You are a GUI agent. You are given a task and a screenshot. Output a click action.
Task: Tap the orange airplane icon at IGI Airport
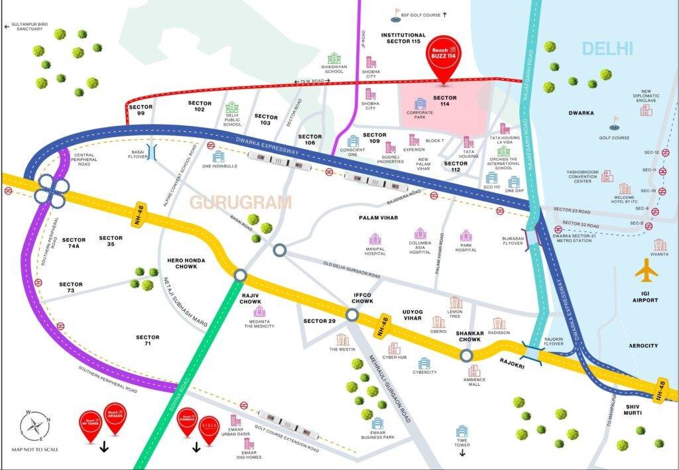click(x=646, y=271)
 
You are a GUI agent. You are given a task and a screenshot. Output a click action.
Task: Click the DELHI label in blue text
click(x=607, y=48)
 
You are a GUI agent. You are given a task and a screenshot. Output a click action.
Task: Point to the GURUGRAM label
click(x=241, y=202)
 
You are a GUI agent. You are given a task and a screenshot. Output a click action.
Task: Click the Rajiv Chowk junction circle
click(x=240, y=275)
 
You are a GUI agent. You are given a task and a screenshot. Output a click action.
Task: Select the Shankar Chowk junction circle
click(x=467, y=355)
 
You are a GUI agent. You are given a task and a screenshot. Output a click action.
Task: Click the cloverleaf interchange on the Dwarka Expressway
click(x=50, y=189)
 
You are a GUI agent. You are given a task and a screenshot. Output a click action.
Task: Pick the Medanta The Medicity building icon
click(x=259, y=311)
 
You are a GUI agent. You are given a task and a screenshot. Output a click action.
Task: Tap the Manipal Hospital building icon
click(x=375, y=239)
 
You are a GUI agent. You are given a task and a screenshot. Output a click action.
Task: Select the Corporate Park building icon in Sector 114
click(x=420, y=104)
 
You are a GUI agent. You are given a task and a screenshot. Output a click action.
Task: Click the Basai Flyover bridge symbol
click(x=152, y=152)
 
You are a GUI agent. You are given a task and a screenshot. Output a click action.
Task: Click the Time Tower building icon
click(x=462, y=432)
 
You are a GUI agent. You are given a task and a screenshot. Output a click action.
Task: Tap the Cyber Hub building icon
click(x=395, y=349)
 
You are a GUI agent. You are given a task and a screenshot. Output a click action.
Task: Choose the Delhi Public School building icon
click(x=232, y=108)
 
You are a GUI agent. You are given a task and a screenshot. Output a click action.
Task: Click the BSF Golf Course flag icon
click(x=398, y=13)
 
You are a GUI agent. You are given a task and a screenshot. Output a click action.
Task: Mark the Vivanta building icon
click(x=660, y=245)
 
